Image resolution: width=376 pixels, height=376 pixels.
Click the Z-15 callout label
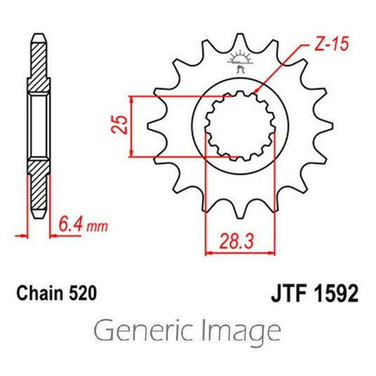click(x=332, y=44)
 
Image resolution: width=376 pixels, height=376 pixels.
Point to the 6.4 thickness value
click(x=71, y=225)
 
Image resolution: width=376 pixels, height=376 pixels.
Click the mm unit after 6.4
click(x=97, y=227)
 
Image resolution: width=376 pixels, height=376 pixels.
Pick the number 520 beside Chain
click(x=83, y=293)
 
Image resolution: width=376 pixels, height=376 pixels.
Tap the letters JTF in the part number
click(x=289, y=293)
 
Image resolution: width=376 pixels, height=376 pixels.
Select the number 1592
click(x=336, y=293)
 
